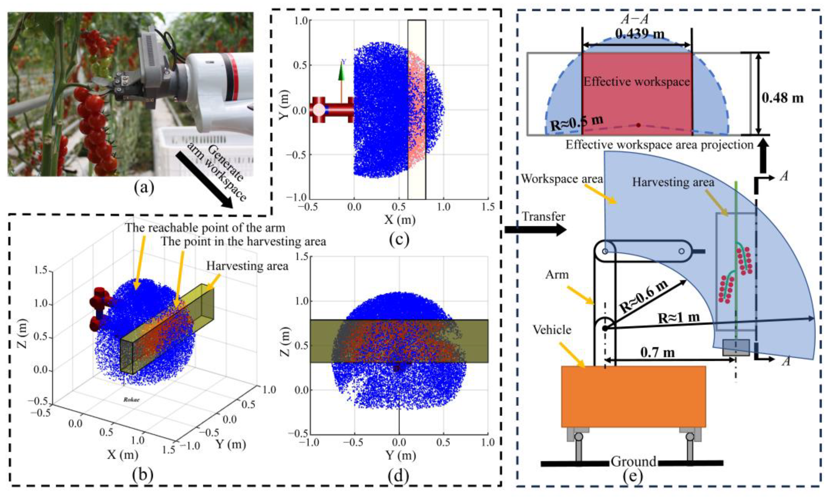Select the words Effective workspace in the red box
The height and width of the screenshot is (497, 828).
point(637,82)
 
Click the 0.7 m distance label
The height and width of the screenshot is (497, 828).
point(657,352)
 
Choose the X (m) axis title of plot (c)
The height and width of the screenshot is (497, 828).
point(400,219)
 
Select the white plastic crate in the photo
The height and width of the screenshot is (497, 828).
point(201,151)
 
